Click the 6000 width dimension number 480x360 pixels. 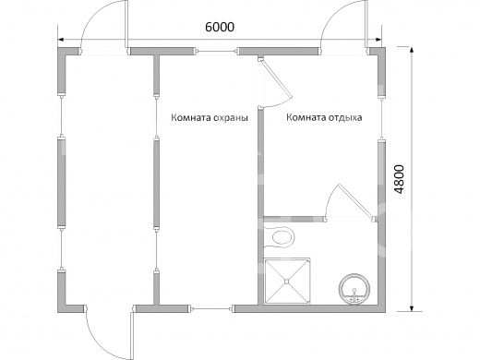point(220,27)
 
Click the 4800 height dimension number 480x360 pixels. point(400,179)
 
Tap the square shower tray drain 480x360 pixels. point(286,281)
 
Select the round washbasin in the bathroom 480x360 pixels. point(354,289)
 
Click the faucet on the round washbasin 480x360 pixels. point(354,295)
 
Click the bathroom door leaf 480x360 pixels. point(356,201)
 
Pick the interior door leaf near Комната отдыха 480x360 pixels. point(275,78)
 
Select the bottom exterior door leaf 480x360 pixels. point(132,335)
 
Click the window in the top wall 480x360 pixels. point(217,52)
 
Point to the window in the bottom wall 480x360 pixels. point(211,308)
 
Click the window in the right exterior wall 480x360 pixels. point(381,119)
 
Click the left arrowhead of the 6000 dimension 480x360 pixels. point(61,40)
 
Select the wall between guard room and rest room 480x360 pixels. point(260,206)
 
